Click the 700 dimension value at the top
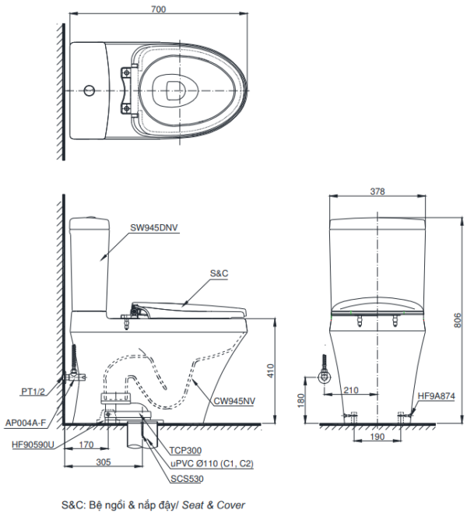158,9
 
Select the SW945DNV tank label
154,227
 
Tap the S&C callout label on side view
219,273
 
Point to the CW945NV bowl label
234,401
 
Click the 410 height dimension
271,371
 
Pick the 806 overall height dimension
458,320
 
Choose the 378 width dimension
377,191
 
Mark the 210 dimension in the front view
351,390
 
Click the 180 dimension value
301,400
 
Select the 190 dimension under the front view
377,437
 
